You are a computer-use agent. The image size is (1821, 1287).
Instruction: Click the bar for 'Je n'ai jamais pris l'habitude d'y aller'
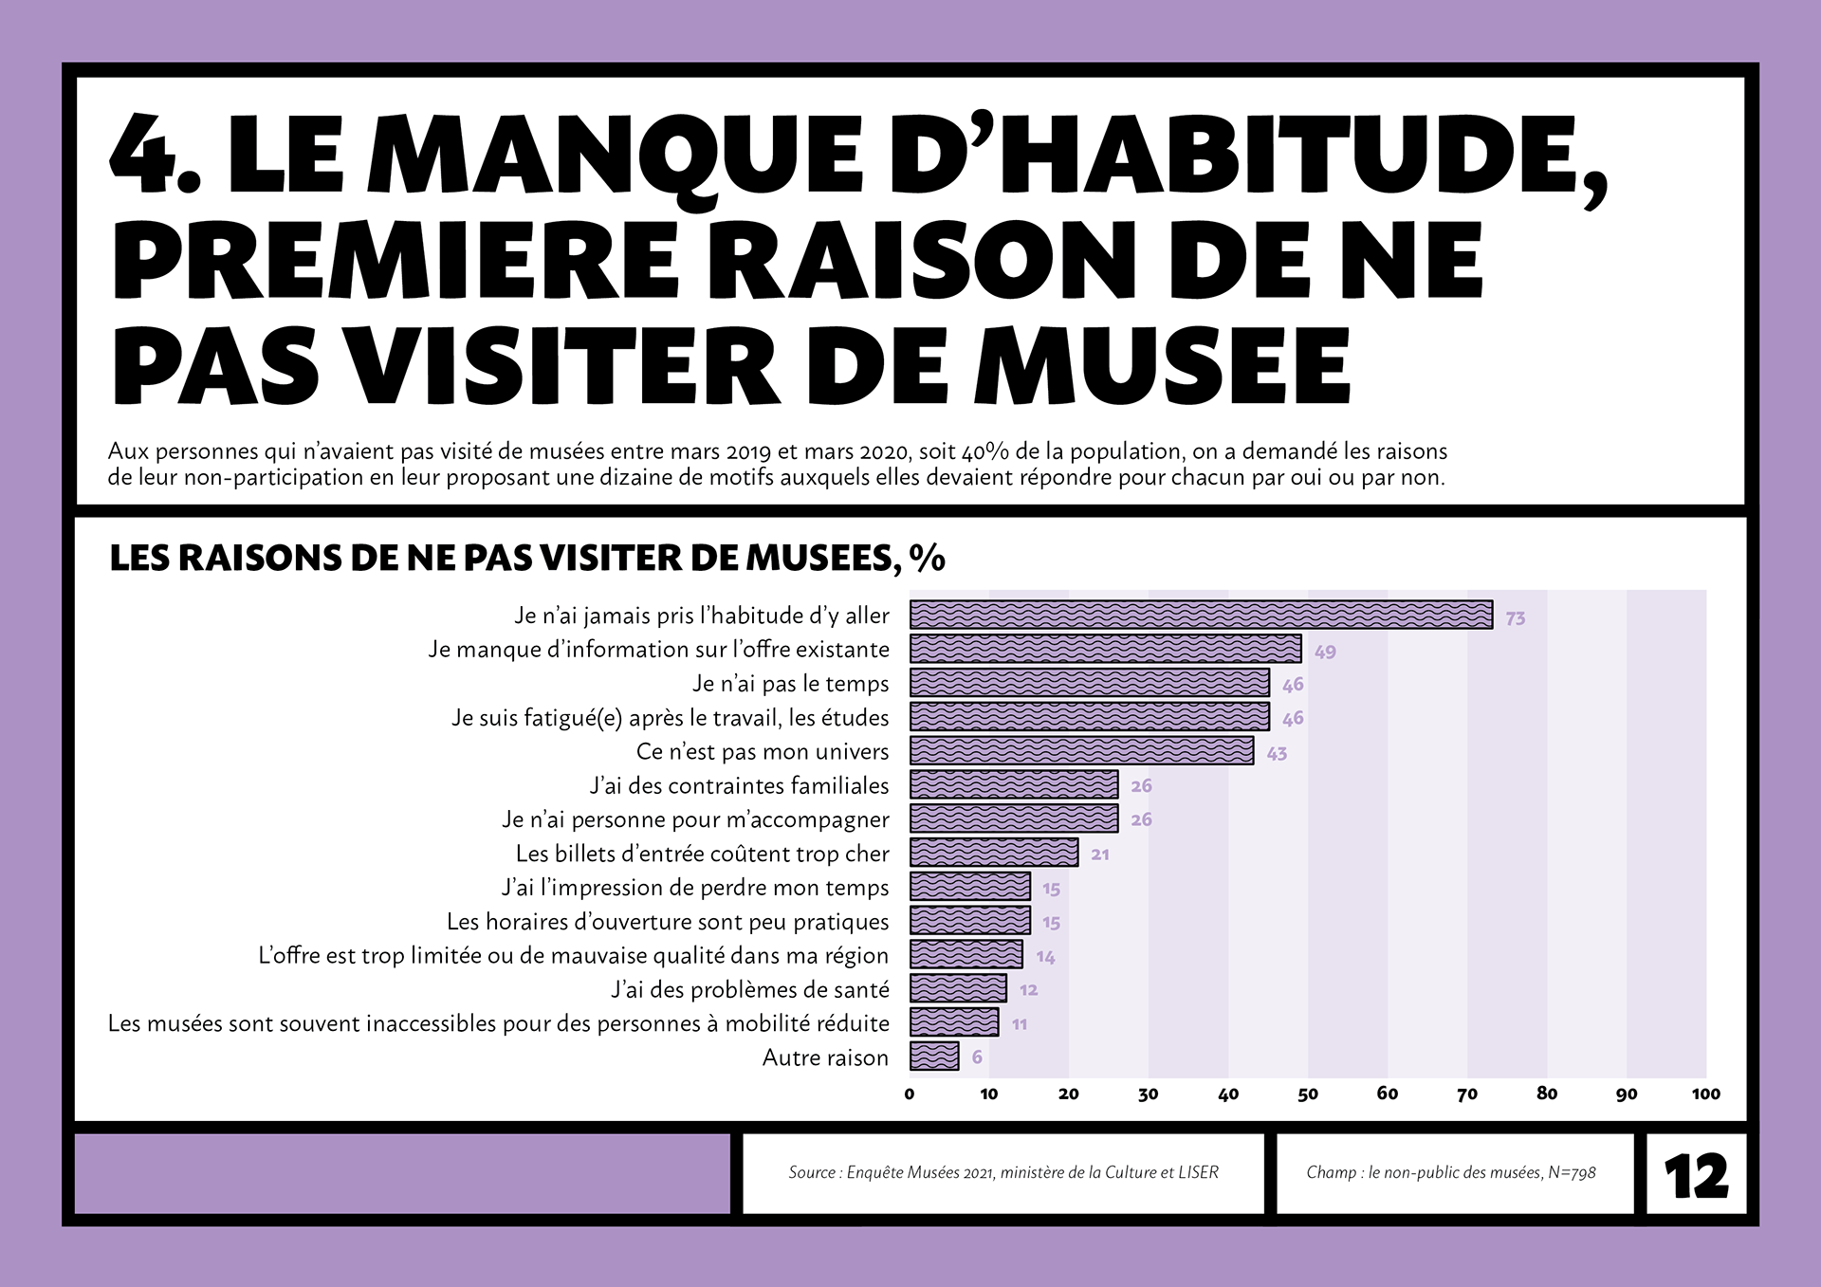click(x=1201, y=615)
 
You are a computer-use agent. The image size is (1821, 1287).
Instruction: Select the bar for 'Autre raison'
click(x=934, y=1056)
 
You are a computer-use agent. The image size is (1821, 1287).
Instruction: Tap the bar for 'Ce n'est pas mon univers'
click(x=1081, y=750)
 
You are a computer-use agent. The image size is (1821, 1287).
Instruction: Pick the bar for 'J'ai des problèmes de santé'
click(x=958, y=988)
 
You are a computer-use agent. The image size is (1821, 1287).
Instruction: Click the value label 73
click(x=1515, y=618)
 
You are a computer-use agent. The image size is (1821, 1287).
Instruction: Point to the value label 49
click(x=1325, y=652)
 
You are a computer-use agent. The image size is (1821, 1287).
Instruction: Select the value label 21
click(x=1100, y=855)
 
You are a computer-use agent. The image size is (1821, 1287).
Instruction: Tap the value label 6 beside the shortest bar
click(x=977, y=1057)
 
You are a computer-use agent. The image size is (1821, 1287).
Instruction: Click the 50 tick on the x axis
click(x=1308, y=1094)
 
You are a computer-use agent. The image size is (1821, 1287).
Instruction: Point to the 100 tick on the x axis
click(x=1705, y=1094)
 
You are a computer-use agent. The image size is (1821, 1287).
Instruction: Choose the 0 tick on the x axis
click(x=910, y=1094)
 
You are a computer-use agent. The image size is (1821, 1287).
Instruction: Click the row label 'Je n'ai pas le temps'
click(x=791, y=684)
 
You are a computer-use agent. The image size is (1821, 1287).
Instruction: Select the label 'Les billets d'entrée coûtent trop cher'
click(x=703, y=854)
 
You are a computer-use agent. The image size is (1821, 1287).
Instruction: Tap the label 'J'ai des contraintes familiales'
click(x=740, y=785)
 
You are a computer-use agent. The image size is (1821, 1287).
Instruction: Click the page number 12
click(x=1696, y=1176)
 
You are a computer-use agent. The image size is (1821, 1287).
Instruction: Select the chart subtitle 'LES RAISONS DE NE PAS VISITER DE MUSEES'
click(x=502, y=558)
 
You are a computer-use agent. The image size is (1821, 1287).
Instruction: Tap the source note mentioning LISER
click(x=1003, y=1172)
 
